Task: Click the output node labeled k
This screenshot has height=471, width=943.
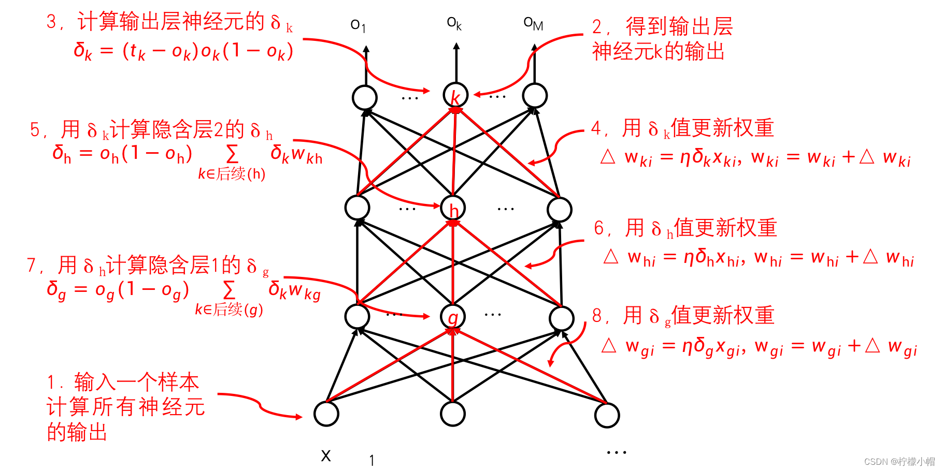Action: point(455,96)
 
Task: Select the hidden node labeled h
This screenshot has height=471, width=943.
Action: point(453,208)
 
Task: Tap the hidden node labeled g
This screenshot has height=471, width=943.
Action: point(453,317)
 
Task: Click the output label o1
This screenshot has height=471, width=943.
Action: point(358,25)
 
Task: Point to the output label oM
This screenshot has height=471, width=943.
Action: point(533,23)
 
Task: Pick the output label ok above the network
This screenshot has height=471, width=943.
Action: point(454,23)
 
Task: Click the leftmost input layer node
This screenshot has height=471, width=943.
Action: point(326,414)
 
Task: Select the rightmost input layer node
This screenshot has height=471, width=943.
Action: point(607,415)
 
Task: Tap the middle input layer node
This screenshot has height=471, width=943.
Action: point(453,414)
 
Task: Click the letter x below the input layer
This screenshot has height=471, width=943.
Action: point(326,455)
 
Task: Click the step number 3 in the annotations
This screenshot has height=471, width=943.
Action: point(51,22)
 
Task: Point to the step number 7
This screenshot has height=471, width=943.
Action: point(32,266)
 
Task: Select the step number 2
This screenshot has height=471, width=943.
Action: point(597,27)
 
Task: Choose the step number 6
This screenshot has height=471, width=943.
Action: point(599,228)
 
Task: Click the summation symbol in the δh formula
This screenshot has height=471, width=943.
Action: point(232,154)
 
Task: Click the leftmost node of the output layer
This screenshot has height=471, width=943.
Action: point(365,97)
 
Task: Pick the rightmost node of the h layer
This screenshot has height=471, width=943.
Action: point(560,210)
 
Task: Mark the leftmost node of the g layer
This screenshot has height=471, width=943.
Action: point(358,316)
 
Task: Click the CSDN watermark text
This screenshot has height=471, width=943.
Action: point(899,461)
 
